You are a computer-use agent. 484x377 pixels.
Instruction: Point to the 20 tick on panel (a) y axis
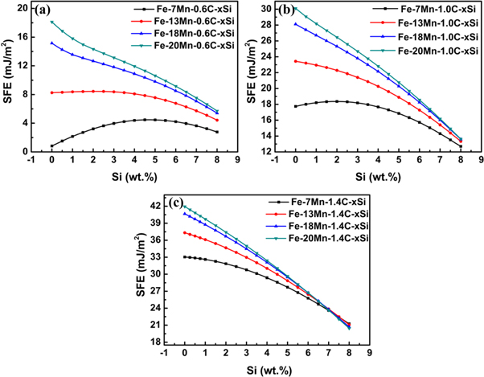coord(22,7)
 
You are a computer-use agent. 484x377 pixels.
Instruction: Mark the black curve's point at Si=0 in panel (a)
coord(51,146)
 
